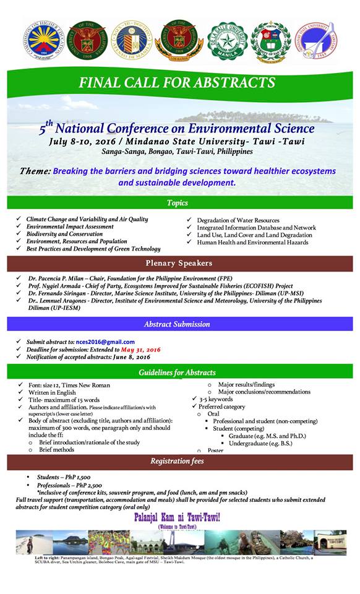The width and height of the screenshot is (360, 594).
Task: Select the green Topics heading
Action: coord(178,203)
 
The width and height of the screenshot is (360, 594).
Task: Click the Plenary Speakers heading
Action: coord(178,264)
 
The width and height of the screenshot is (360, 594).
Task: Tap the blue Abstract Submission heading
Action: coord(177,324)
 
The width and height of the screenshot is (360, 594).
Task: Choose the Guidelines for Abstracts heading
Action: coord(177,372)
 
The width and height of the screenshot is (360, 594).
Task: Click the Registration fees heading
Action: coord(177,461)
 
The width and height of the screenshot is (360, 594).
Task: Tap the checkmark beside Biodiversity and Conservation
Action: coord(19,235)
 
